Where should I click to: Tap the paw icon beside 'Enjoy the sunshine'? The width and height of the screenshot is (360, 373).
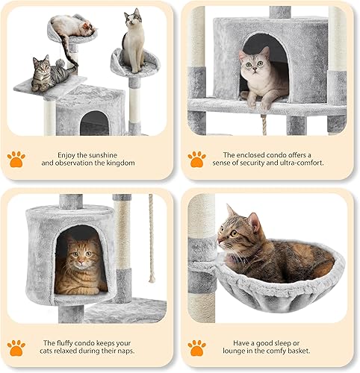click(16, 159)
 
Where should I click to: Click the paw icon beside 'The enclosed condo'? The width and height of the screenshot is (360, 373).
click(197, 159)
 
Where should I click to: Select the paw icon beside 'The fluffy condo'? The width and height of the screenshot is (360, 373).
click(16, 347)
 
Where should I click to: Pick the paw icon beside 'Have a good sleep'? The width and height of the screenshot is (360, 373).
click(197, 347)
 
